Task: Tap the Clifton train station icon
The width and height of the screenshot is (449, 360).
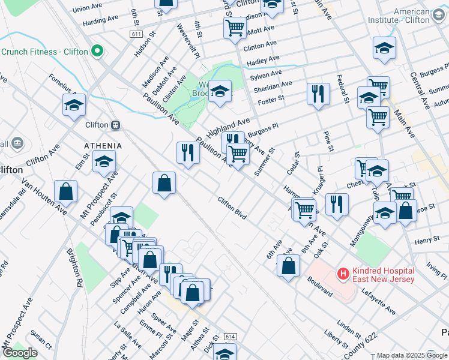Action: coord(115,125)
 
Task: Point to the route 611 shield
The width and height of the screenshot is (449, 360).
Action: coord(136,35)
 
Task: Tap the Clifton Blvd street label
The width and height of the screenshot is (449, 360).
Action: coord(232,207)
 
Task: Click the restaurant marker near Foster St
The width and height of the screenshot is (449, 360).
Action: coord(318,94)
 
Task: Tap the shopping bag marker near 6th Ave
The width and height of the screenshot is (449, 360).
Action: coord(289,266)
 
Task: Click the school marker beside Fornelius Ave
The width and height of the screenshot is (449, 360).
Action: coord(74,105)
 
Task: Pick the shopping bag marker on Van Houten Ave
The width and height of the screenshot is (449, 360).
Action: coord(65,191)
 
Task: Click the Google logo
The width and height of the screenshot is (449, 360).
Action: coord(20,353)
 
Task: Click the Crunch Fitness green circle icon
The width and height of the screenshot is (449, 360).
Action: coord(95,52)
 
